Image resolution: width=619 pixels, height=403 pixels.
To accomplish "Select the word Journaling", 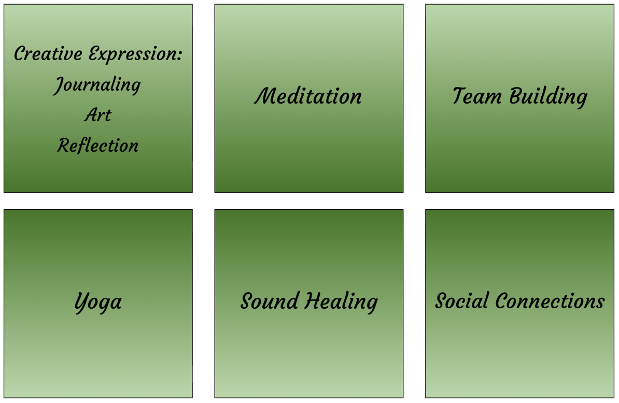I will (97, 85).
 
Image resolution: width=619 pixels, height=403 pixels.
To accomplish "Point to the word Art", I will (98, 115).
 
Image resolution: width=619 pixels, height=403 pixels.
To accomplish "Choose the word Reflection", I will (98, 146).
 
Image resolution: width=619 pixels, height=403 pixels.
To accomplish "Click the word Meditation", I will (308, 96).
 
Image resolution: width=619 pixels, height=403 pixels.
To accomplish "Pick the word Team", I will (477, 96).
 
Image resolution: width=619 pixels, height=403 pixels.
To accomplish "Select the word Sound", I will (270, 301).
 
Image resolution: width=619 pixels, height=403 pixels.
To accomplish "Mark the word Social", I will (461, 301).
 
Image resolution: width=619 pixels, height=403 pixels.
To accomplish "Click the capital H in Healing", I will (314, 301).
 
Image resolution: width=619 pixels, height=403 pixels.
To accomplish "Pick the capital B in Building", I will (516, 96).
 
